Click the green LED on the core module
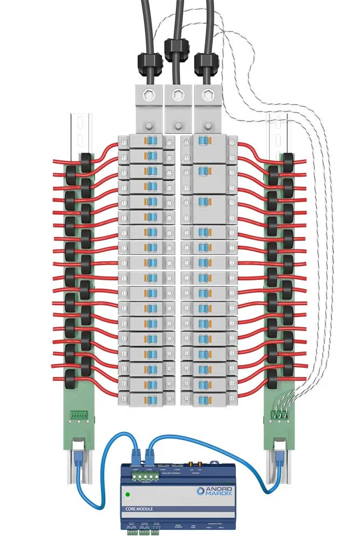pos(127,494)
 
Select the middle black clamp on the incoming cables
pos(175,49)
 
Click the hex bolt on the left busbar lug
pos(148,97)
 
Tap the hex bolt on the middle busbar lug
pos(176,97)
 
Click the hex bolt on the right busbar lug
pos(206,97)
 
